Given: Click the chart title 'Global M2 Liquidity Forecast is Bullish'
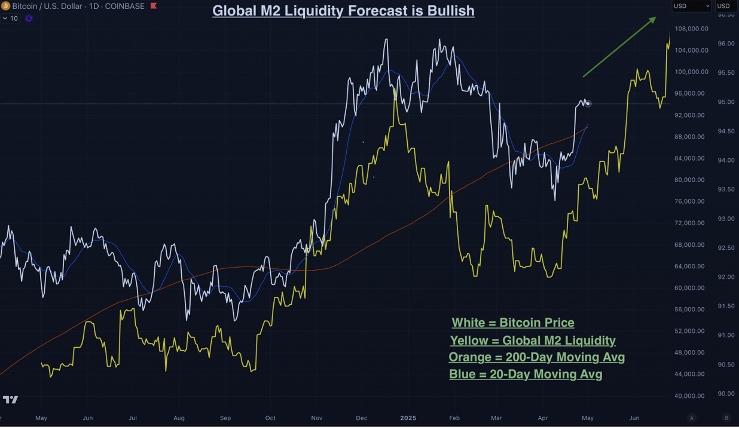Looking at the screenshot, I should tap(343, 11).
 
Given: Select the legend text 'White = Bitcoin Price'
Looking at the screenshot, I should tap(513, 323).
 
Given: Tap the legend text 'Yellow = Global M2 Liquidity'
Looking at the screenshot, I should tap(533, 341).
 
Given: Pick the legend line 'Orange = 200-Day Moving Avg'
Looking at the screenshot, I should tap(536, 357).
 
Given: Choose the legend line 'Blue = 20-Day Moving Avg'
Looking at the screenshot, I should tap(526, 375).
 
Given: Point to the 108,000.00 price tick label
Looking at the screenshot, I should tap(691, 29).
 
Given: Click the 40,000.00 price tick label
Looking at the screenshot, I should tap(692, 396).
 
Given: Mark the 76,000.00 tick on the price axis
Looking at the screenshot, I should tap(692, 201).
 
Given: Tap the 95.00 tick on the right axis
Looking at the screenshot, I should tap(726, 102).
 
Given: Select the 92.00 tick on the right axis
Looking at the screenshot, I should tap(726, 277).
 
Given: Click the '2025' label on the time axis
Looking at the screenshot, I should tap(408, 418).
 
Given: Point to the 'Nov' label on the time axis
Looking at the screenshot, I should tap(316, 418).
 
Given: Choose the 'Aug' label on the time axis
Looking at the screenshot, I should tap(179, 418).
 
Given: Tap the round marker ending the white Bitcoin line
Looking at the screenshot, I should tap(588, 103).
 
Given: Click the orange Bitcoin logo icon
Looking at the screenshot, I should tap(5, 6).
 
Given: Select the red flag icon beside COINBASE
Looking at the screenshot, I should tap(154, 6).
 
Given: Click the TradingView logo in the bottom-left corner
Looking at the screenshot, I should tap(10, 400).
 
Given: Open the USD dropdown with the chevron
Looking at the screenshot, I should tap(691, 6).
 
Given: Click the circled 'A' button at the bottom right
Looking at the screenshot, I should tap(692, 418).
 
